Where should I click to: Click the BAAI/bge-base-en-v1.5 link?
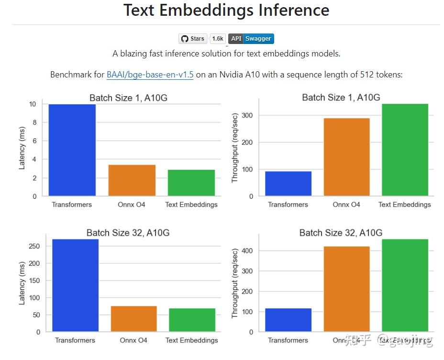point(150,75)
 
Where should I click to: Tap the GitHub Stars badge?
point(193,39)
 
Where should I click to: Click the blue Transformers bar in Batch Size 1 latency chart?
point(72,150)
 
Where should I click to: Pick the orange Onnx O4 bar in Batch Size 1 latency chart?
point(132,180)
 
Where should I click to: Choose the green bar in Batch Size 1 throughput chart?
point(405,150)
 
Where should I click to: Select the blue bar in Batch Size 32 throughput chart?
point(288,320)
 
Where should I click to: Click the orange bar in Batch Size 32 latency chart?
point(133,318)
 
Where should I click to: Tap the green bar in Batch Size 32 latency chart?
point(192,320)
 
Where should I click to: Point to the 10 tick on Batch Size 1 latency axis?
point(33,104)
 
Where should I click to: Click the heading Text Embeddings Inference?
point(226,10)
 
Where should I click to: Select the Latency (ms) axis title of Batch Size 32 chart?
point(22,283)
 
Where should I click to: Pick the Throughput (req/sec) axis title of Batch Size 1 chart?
point(235,148)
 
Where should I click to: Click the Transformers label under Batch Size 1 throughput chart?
point(288,205)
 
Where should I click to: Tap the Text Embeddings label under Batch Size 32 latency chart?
point(191,340)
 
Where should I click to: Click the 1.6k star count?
point(218,39)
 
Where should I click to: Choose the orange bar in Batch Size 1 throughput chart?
point(346,157)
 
